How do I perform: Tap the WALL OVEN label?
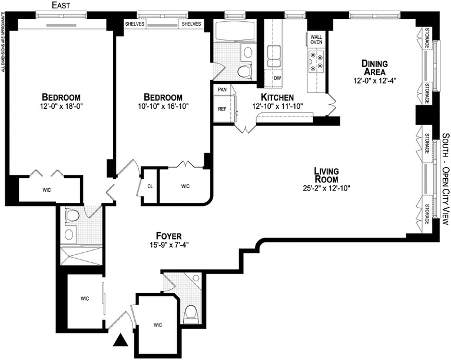tap(316, 39)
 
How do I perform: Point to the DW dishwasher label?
tap(277, 78)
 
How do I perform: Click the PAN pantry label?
tap(222, 89)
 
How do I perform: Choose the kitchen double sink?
tap(274, 56)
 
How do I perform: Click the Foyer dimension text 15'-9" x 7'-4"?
tap(169, 245)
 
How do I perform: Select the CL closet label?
tap(150, 186)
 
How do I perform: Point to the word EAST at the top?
tap(61, 5)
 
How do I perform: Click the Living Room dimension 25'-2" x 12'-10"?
tap(326, 188)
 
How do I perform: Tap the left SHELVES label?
tap(135, 24)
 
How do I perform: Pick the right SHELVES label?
tap(191, 24)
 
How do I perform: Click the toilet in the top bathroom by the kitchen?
tap(244, 71)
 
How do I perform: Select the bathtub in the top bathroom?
tap(235, 31)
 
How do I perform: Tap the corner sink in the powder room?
tap(196, 278)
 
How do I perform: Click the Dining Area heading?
tap(374, 67)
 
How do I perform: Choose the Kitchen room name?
tap(277, 97)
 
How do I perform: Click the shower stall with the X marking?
tap(81, 256)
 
